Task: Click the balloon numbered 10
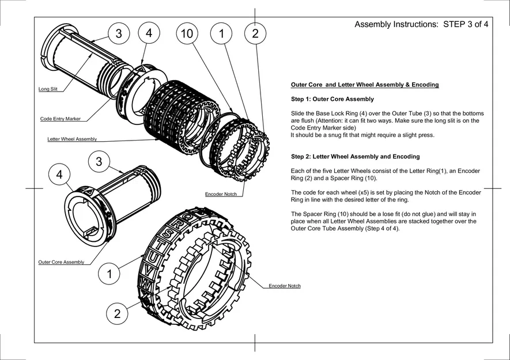coord(186,34)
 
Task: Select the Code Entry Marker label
coord(61,119)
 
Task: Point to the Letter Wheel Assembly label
coord(72,139)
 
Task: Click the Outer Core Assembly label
coord(61,262)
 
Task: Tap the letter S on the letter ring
coord(166,233)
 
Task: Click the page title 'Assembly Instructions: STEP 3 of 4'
coord(421,25)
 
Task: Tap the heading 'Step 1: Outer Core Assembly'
coord(333,99)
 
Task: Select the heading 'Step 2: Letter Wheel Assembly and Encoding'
coord(356,157)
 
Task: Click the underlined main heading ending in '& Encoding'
coord(365,85)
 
